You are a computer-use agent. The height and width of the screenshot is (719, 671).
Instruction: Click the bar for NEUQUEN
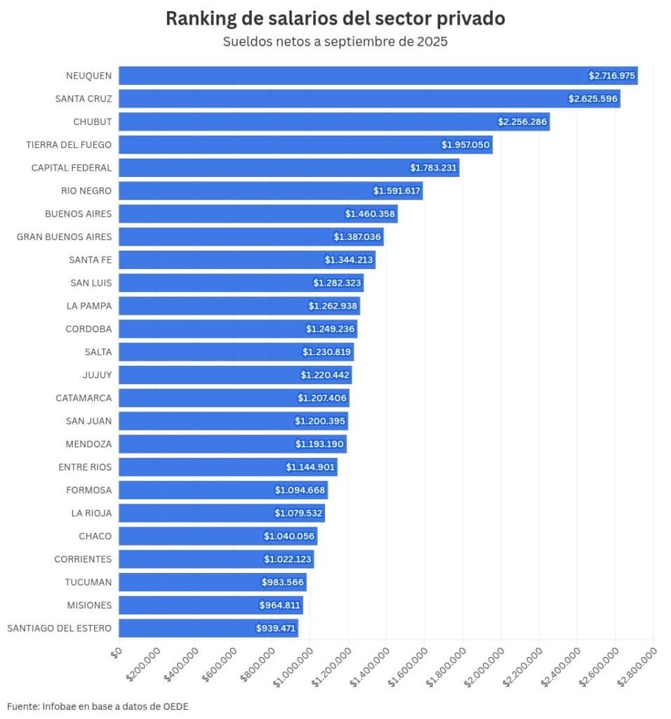[351, 76]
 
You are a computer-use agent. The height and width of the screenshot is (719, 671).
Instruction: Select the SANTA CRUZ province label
[84, 99]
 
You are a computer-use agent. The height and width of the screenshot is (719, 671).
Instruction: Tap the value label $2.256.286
[522, 122]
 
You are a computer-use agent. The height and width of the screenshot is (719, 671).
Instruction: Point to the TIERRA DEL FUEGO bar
[281, 145]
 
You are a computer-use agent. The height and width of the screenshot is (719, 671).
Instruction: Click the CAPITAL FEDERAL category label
[72, 168]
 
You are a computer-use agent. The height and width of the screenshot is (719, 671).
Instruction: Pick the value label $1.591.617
[397, 191]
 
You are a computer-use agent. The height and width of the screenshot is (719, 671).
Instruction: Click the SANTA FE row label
[91, 260]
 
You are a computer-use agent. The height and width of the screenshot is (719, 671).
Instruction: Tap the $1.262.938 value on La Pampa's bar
[333, 306]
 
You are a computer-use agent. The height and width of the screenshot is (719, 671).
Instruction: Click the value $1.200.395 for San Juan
[321, 421]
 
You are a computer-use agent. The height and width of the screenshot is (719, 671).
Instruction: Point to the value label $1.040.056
[290, 536]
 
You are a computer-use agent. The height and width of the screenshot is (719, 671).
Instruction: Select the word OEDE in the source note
[176, 706]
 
